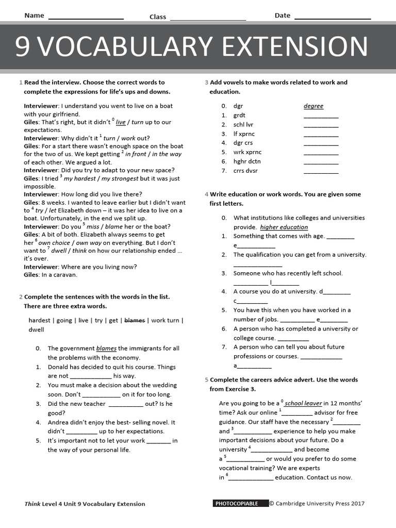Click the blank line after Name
coord(86,19)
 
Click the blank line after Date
coord(332,19)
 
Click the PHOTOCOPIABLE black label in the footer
coord(240,503)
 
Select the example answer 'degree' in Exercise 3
coord(313,106)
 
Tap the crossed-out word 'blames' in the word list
coord(135,320)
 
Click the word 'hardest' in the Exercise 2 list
coord(39,320)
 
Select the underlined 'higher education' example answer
coord(284,227)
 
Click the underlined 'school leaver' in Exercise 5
coord(303,403)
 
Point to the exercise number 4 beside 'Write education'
coord(206,194)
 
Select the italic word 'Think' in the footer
coord(32,504)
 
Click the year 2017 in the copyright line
coord(357,503)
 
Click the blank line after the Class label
coord(207,19)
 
